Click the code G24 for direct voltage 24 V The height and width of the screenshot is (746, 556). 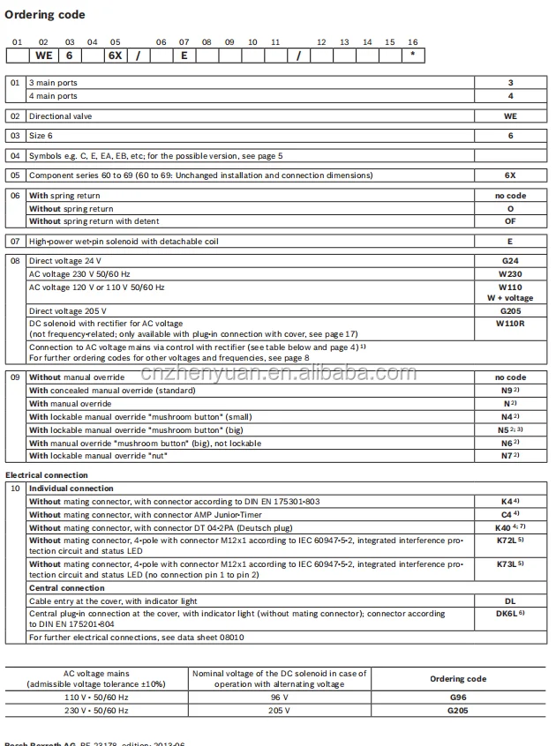pyautogui.click(x=509, y=261)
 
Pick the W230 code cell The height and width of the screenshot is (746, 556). pyautogui.click(x=509, y=274)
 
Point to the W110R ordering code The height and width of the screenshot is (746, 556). pyautogui.click(x=509, y=323)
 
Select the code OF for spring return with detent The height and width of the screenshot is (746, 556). pyautogui.click(x=509, y=221)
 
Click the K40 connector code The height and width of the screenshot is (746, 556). pyautogui.click(x=507, y=527)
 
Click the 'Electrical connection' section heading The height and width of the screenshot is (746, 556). pyautogui.click(x=47, y=475)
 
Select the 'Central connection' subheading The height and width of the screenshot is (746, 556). pyautogui.click(x=67, y=588)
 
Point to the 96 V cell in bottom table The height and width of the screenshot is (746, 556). pyautogui.click(x=280, y=697)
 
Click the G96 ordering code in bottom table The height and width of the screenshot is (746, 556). pyautogui.click(x=457, y=697)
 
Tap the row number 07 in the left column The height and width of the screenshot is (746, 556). pyautogui.click(x=15, y=241)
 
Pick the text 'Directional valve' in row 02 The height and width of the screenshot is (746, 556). pyautogui.click(x=62, y=116)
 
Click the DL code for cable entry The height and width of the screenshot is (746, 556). pyautogui.click(x=509, y=601)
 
